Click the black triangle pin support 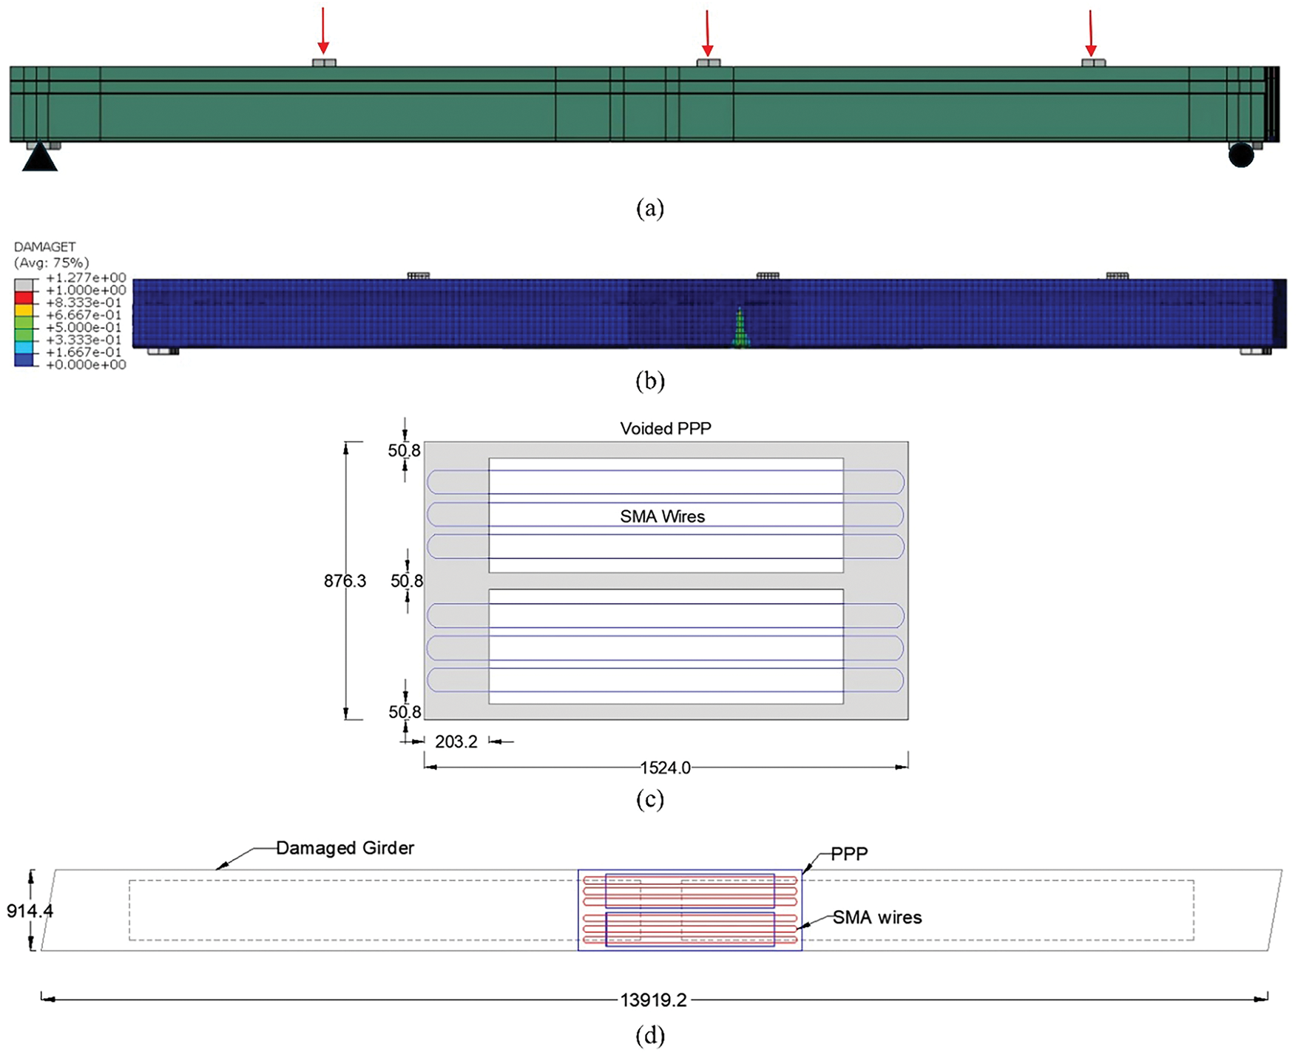click(40, 157)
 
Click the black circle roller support click(1241, 155)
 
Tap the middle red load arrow click(708, 34)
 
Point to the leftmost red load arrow click(322, 32)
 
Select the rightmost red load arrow click(1090, 34)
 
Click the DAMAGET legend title click(44, 247)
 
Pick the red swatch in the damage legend click(24, 296)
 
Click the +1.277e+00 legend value click(86, 278)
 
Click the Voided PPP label click(666, 429)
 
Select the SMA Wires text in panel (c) click(662, 517)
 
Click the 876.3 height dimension click(345, 581)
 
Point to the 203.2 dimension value click(456, 742)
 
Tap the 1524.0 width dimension click(665, 767)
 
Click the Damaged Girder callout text click(345, 848)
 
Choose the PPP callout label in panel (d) click(849, 854)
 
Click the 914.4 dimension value click(30, 911)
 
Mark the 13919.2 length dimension click(653, 1000)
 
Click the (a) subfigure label click(650, 208)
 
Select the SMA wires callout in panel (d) click(877, 918)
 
